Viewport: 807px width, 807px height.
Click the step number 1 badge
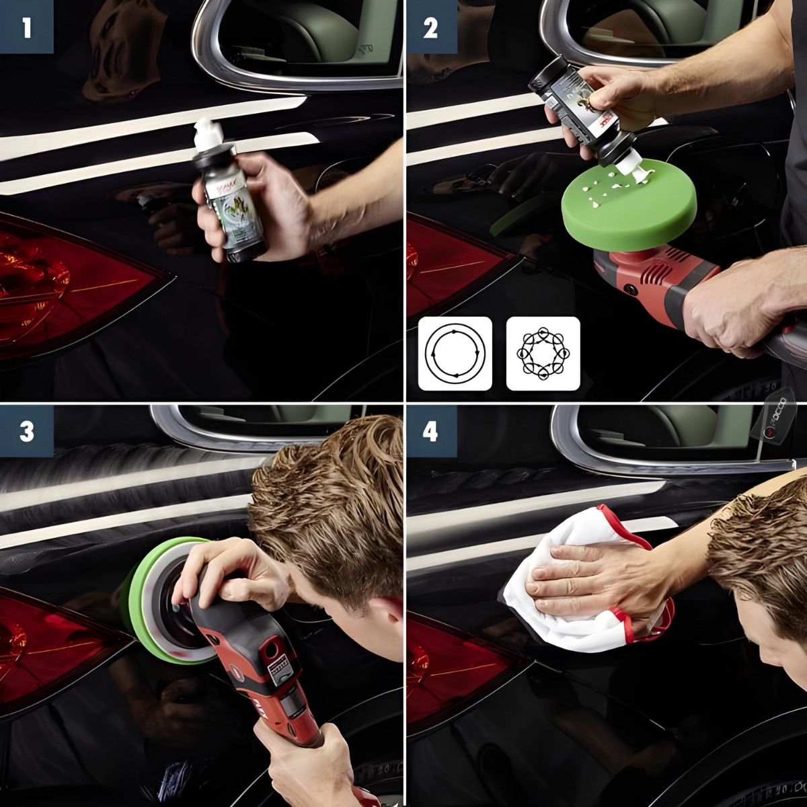(x=26, y=27)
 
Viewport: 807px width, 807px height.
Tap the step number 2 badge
(x=430, y=27)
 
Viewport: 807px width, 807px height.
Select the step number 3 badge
(x=26, y=431)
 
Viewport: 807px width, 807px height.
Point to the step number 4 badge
(x=430, y=431)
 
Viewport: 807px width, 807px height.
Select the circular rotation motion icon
(x=455, y=353)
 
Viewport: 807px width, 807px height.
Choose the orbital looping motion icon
(x=543, y=353)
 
